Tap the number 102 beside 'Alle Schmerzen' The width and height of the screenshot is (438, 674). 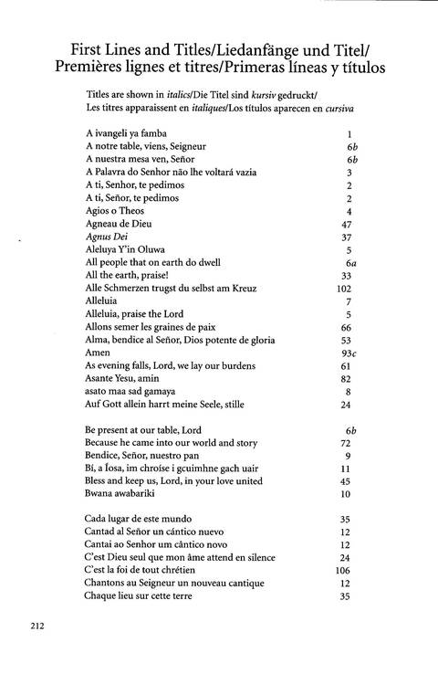coord(344,288)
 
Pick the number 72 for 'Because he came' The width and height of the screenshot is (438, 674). coord(346,442)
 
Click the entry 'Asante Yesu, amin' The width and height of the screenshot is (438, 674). coord(123,377)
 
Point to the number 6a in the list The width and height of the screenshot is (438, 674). coord(349,262)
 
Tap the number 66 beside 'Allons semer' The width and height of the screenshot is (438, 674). coord(346,326)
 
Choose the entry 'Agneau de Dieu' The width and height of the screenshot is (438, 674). coord(117,224)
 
